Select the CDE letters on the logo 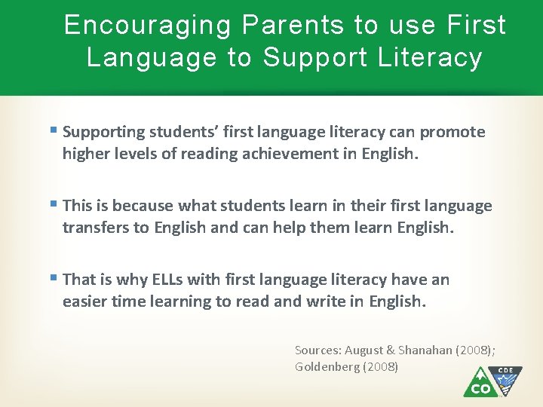pyautogui.click(x=505, y=372)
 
